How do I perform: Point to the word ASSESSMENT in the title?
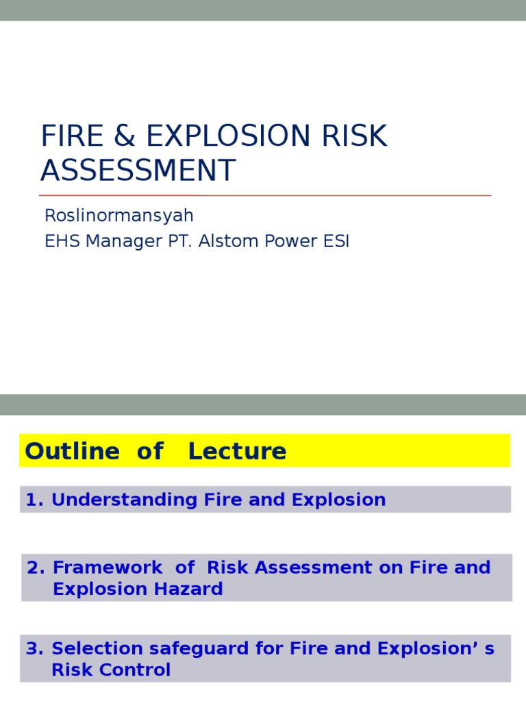138,170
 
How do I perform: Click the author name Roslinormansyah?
118,216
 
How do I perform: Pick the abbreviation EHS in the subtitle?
60,241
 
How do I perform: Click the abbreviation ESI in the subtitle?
335,241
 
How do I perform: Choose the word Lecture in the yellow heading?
237,451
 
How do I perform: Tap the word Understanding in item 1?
125,500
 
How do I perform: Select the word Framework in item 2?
108,568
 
